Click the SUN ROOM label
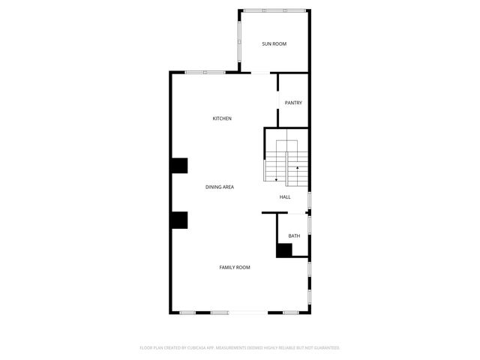coord(274,44)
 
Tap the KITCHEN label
coord(222,118)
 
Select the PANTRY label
coord(293,103)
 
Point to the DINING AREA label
coord(220,187)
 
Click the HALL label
coord(285,197)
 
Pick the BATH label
coord(294,236)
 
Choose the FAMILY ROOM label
coord(234,268)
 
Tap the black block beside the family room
coord(178,220)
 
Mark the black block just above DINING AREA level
coord(178,166)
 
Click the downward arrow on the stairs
coord(277,178)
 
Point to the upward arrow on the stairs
coord(298,168)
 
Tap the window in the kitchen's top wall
coord(205,72)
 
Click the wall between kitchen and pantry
coord(278,100)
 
